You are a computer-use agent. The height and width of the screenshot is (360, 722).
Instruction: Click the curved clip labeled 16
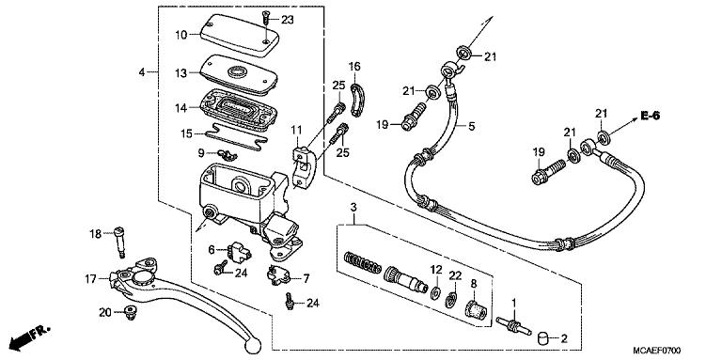coord(356,97)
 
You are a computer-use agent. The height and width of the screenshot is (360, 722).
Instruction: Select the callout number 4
coord(142,72)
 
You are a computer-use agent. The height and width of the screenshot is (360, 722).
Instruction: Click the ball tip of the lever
coord(252,349)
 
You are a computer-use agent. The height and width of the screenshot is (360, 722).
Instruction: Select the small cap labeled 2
coord(541,337)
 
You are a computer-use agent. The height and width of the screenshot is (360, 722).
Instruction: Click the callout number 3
coord(353,207)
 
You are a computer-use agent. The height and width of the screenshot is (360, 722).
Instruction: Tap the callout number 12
coord(436,271)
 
